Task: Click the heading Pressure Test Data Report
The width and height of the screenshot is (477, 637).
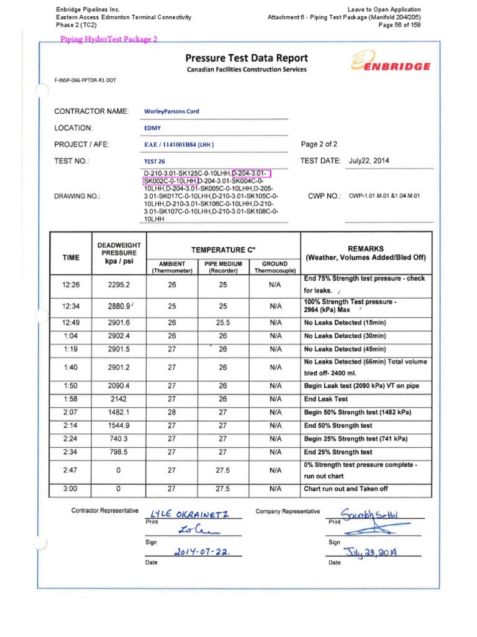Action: pos(246,58)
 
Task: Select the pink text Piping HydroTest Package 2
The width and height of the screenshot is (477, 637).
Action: pos(109,39)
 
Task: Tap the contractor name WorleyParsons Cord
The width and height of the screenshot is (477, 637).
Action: pos(171,112)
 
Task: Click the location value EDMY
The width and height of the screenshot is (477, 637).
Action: pos(152,128)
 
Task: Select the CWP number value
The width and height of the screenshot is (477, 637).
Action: pos(384,196)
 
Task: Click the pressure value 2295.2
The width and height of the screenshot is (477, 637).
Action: pos(118,284)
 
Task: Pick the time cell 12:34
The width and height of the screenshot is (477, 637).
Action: pos(71,306)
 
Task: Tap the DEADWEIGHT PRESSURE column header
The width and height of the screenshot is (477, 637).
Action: pos(118,253)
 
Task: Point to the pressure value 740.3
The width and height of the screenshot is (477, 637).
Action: pos(118,439)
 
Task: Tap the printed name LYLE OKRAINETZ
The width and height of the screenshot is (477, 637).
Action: pos(186,514)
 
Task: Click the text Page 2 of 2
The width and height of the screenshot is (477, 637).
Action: pos(319,144)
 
